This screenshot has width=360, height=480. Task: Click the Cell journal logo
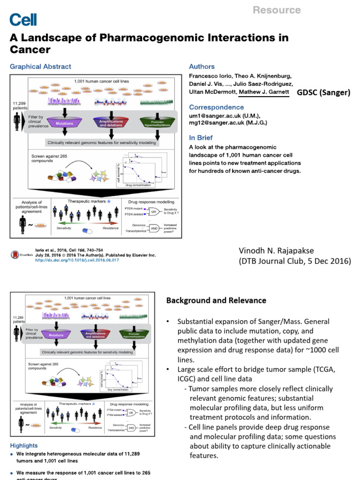click(x=23, y=19)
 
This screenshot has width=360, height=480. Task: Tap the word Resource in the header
click(x=277, y=10)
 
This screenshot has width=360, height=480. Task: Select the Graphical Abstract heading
click(x=40, y=67)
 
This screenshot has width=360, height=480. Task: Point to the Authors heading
click(x=202, y=67)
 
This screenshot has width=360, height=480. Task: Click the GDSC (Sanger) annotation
click(x=323, y=92)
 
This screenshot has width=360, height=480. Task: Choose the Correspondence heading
click(x=216, y=107)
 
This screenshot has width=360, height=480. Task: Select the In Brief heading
click(x=201, y=138)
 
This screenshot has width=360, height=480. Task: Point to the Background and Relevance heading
click(x=216, y=300)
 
